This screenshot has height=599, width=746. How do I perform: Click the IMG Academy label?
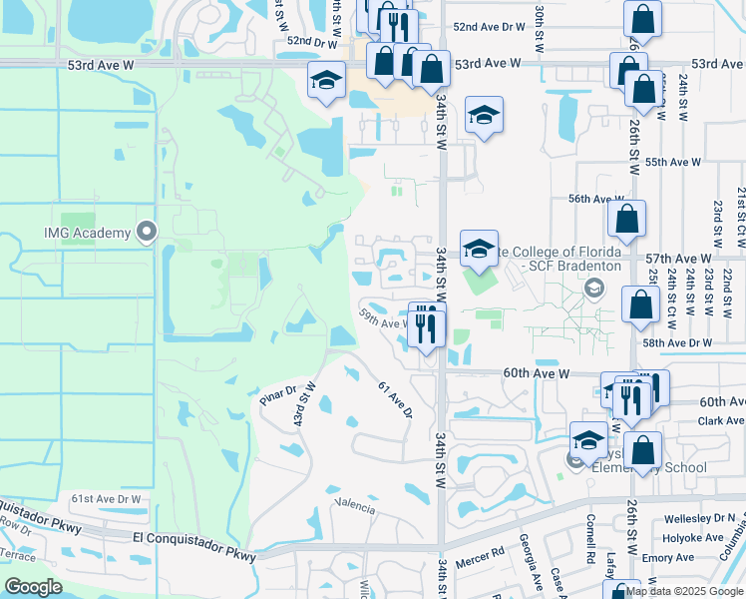[86, 234]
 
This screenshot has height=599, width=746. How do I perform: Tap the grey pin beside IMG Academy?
[148, 233]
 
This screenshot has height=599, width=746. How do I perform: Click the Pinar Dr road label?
[277, 395]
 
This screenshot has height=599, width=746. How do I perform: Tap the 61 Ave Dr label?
[395, 398]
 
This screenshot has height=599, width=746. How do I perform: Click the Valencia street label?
[355, 508]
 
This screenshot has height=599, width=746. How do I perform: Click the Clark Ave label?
[722, 421]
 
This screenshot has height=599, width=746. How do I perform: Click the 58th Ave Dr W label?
[677, 342]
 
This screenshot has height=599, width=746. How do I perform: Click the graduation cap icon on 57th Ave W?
[479, 250]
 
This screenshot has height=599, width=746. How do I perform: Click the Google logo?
[33, 586]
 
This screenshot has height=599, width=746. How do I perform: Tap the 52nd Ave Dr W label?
[488, 28]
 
